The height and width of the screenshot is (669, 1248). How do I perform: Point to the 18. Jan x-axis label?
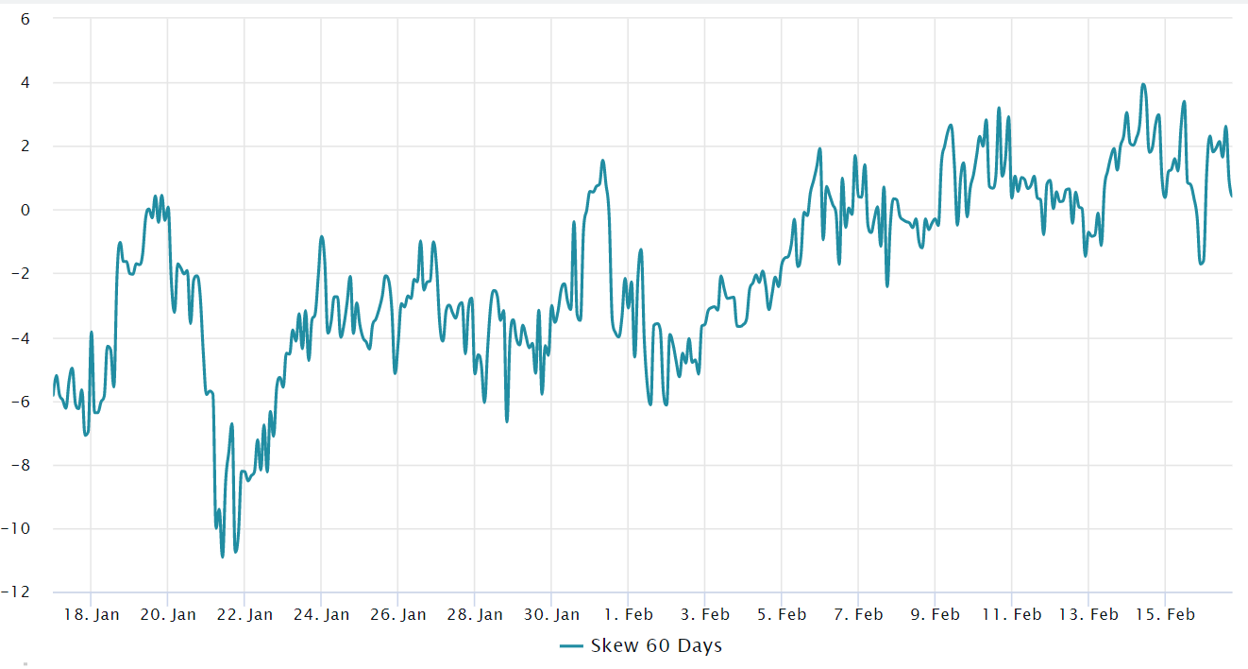91,614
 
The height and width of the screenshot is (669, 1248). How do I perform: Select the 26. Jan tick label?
397,614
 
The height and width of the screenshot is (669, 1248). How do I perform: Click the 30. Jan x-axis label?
550,614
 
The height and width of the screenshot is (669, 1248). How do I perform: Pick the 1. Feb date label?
628,614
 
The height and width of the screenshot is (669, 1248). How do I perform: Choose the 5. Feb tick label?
782,614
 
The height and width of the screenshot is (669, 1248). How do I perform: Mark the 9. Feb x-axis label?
935,614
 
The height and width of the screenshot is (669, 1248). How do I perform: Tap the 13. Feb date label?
1088,614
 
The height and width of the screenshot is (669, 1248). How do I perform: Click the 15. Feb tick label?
1164,614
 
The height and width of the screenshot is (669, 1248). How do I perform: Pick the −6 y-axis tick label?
21,402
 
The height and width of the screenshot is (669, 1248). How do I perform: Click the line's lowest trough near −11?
223,557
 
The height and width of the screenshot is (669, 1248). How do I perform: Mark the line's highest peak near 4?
1143,84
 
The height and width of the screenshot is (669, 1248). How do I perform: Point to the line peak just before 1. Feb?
603,161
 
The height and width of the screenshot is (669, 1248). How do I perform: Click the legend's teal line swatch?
571,646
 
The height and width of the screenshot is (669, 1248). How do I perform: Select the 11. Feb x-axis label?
1011,614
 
